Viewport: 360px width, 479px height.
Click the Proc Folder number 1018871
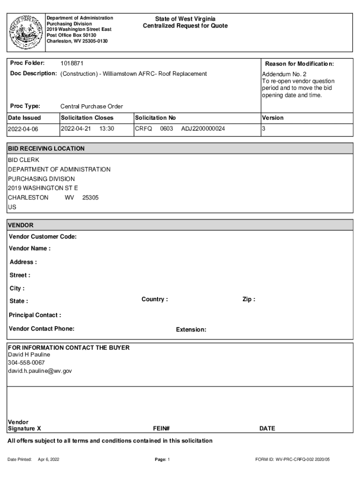72,63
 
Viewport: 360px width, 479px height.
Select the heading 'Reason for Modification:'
299,64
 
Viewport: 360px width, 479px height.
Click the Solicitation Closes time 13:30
107,128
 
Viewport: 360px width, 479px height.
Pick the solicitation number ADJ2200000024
203,128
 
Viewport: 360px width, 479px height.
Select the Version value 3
264,129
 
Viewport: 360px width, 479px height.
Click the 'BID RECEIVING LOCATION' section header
46,149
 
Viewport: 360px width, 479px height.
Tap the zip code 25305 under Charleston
90,197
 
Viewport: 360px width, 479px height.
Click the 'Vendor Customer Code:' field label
43,237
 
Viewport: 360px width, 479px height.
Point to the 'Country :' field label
155,299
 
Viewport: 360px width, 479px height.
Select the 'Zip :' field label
249,299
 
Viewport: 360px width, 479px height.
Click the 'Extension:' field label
191,330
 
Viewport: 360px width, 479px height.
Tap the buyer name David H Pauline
29,355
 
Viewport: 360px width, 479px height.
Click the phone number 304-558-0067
26,363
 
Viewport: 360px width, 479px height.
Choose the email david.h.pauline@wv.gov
40,371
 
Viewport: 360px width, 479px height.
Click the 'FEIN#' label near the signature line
161,428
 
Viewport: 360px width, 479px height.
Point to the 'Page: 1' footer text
162,460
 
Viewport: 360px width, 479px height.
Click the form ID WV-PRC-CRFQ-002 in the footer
287,460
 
